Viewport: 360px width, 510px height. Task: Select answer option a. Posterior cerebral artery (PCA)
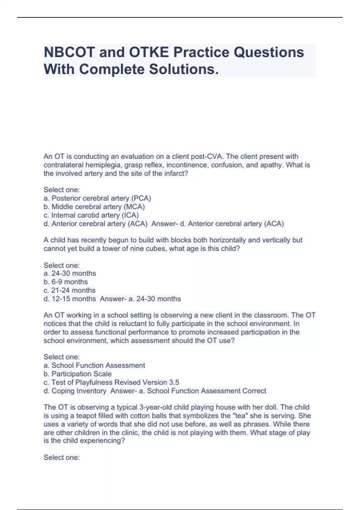pos(97,198)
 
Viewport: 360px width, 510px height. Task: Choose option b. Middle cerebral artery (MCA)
pos(94,207)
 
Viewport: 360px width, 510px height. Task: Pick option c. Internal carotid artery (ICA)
pos(91,215)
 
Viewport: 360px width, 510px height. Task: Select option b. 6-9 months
pos(66,282)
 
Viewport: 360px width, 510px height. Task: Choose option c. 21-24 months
pos(69,290)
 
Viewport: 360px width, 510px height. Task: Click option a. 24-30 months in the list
pos(70,274)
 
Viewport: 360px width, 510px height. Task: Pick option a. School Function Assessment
pos(94,365)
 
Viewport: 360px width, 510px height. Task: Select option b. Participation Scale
pos(77,374)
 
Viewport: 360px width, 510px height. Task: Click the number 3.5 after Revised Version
pos(174,382)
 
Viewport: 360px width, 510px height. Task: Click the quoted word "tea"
pos(240,416)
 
